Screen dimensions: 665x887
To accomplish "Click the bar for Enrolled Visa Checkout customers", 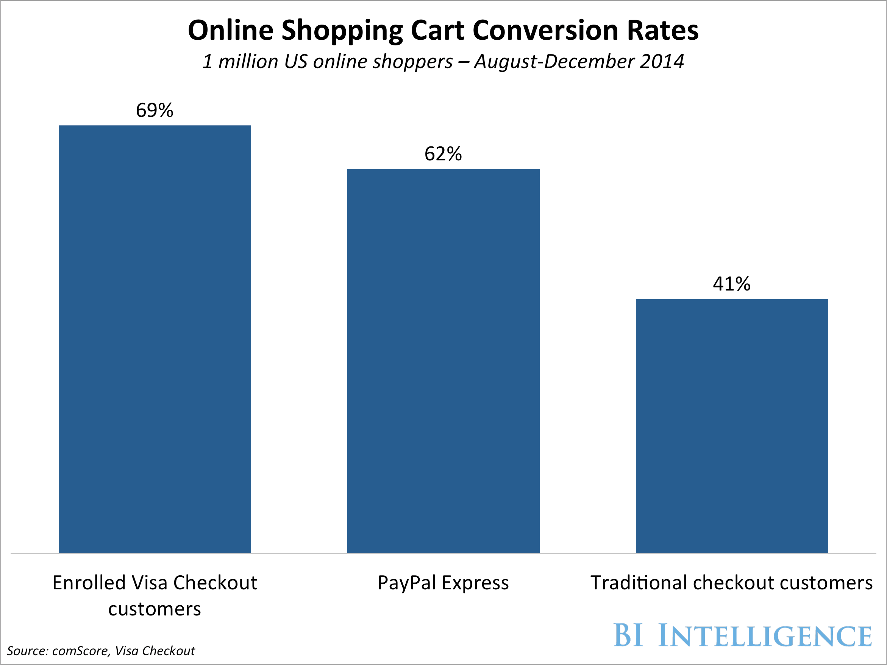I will point(155,339).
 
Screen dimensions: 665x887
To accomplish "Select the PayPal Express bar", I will point(443,360).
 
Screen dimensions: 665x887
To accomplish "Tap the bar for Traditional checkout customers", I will point(732,426).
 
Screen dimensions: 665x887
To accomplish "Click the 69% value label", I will point(155,110).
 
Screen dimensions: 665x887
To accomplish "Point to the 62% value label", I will point(443,154).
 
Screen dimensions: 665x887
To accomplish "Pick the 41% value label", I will point(731,284).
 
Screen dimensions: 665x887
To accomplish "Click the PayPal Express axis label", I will point(443,583).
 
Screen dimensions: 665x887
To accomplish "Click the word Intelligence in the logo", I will point(765,636).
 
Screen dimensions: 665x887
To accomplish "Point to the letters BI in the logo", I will point(628,635).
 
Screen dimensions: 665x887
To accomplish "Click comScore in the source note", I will point(81,651).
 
